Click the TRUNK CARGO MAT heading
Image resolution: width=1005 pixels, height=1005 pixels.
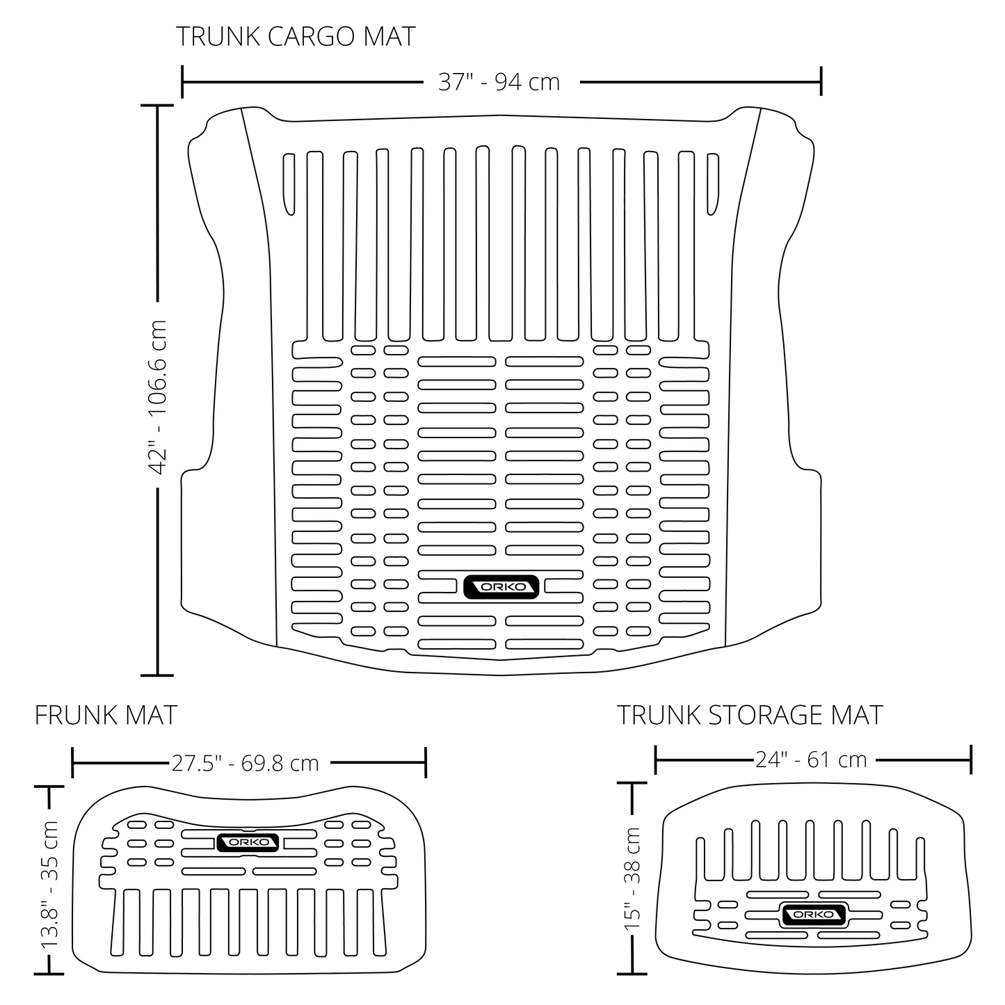(296, 37)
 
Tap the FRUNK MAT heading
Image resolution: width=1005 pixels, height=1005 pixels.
(106, 715)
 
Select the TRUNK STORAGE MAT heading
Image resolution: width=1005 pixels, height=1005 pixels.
(750, 715)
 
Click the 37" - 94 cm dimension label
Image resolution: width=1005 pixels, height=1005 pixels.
(499, 82)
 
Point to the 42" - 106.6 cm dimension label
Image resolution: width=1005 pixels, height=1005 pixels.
(159, 397)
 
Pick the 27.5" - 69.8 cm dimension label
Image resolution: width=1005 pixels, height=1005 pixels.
(245, 763)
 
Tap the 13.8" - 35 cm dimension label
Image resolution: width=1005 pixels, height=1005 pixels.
(51, 885)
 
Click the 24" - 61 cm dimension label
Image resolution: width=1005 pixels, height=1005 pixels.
(811, 759)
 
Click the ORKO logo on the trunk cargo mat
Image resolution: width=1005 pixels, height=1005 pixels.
(501, 586)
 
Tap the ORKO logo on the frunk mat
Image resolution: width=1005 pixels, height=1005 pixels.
(248, 842)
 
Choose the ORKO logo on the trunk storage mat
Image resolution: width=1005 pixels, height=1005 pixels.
(812, 915)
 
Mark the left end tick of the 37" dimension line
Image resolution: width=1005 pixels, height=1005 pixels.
(182, 82)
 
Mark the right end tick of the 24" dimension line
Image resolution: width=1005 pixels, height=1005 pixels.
(970, 759)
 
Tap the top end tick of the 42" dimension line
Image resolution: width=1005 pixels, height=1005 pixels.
(157, 106)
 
